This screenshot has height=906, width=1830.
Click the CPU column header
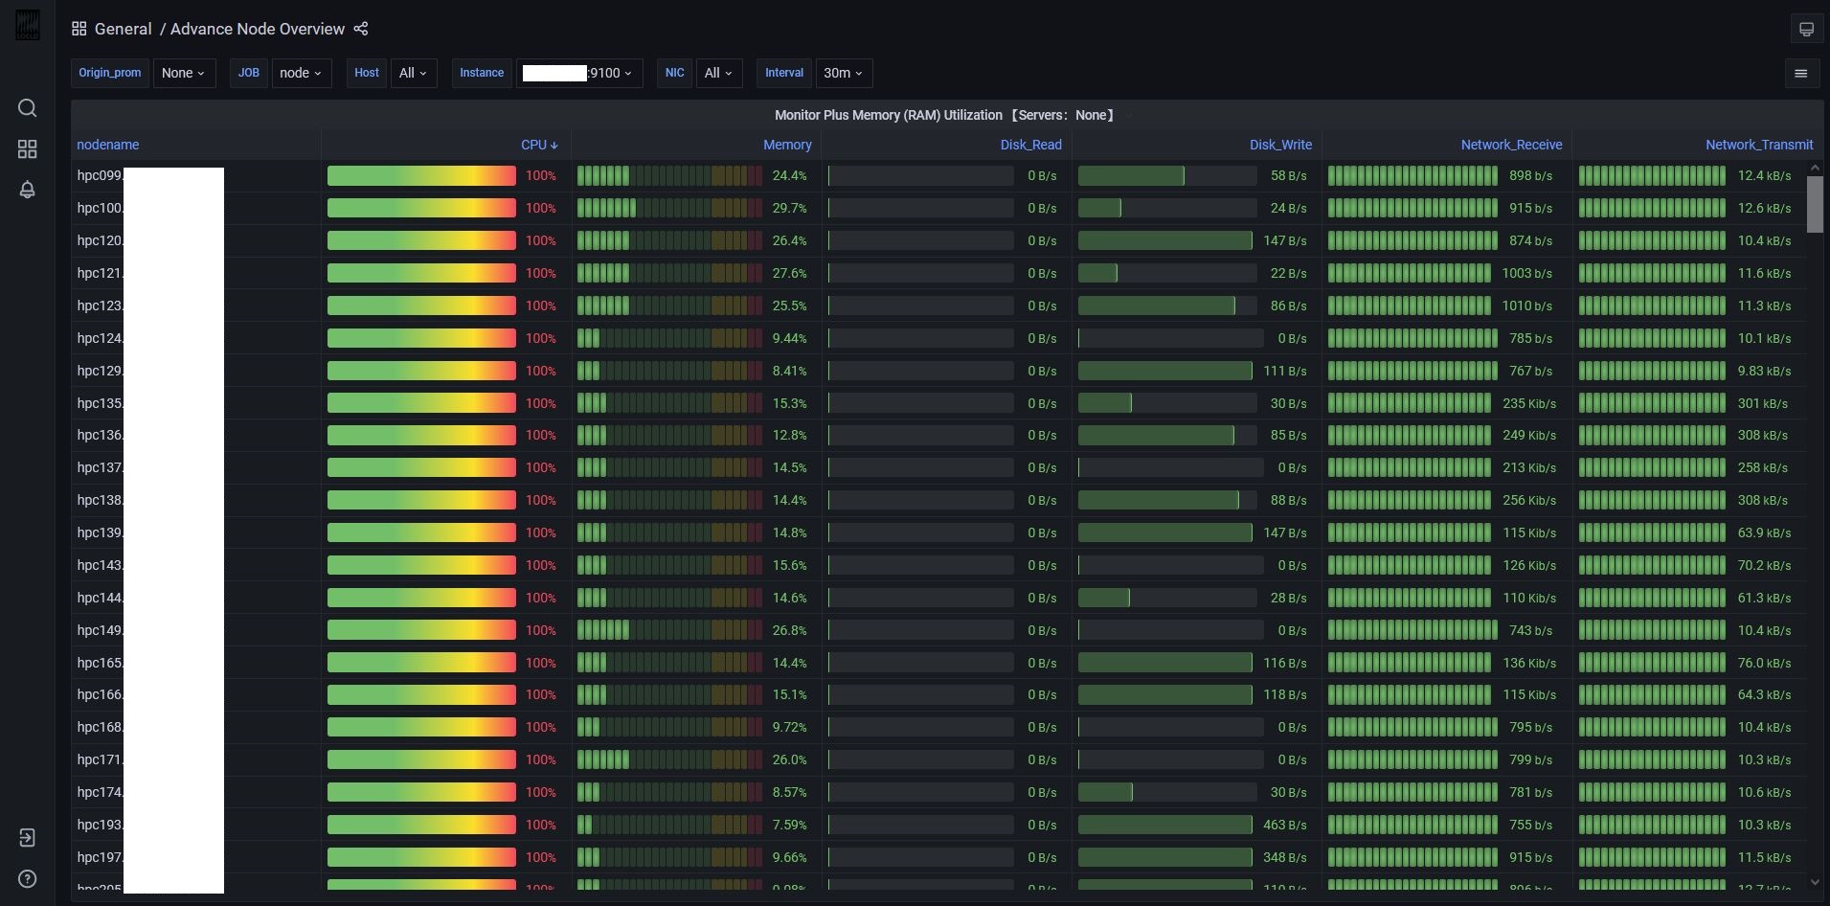pos(533,145)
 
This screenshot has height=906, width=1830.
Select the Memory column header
pos(786,145)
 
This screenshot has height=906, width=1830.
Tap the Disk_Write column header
pos(1279,145)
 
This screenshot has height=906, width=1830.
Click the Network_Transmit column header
pos(1758,145)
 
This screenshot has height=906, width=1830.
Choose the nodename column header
pos(107,145)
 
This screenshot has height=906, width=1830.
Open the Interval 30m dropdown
pos(843,73)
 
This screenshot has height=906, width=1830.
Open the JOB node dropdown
pos(301,73)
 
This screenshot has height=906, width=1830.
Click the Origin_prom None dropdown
pos(183,73)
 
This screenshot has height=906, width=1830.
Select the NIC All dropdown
pos(717,73)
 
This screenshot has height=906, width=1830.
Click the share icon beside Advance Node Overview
pos(361,29)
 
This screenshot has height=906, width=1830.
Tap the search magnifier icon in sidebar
pos(28,107)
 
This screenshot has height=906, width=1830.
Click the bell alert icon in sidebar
pos(28,190)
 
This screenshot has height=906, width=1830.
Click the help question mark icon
pos(28,878)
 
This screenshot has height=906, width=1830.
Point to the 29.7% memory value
pos(789,208)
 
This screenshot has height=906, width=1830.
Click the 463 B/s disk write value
pos(1284,825)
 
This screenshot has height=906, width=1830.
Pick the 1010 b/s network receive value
pos(1526,306)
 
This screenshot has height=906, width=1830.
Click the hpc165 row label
pos(100,663)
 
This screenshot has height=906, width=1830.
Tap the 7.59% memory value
pos(789,825)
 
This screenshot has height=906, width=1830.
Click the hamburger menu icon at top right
pos(1800,73)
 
